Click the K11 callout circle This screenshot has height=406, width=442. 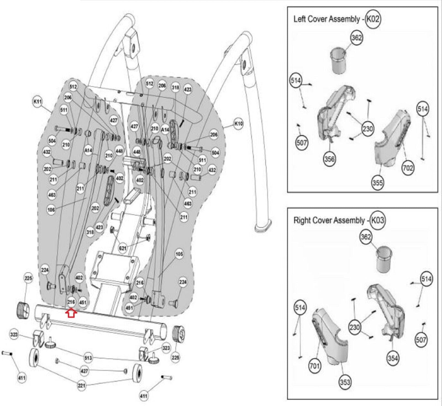[38, 102]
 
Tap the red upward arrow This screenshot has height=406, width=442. [71, 313]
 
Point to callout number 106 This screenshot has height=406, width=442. [51, 210]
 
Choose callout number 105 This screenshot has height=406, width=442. [179, 254]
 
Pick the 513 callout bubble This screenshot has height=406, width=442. [88, 358]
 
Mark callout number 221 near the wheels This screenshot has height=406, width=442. [82, 385]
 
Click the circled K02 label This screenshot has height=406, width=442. [373, 19]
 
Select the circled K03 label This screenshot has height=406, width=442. [377, 221]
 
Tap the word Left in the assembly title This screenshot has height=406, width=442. [299, 19]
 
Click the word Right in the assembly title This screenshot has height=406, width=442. [301, 221]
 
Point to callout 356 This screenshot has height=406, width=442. [330, 159]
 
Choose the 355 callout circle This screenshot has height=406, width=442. [378, 182]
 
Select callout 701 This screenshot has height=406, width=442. [315, 366]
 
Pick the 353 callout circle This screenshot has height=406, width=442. [345, 382]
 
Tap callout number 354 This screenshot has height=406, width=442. [393, 358]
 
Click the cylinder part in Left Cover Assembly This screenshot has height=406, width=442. [340, 61]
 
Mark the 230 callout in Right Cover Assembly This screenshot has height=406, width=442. [355, 327]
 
